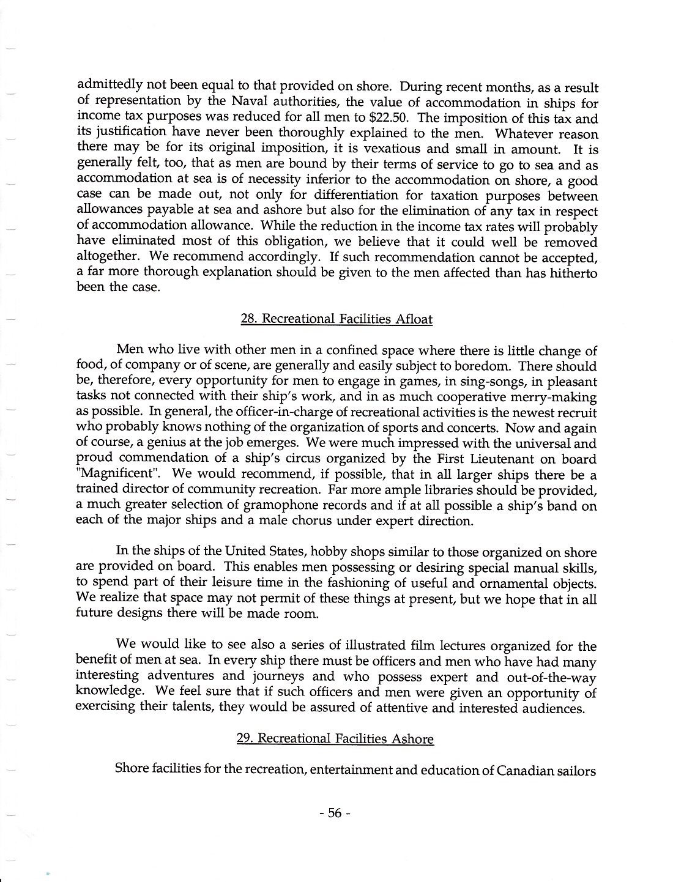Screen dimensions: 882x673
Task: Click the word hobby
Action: click(x=302, y=553)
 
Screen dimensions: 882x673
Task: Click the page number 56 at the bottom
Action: click(x=334, y=813)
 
